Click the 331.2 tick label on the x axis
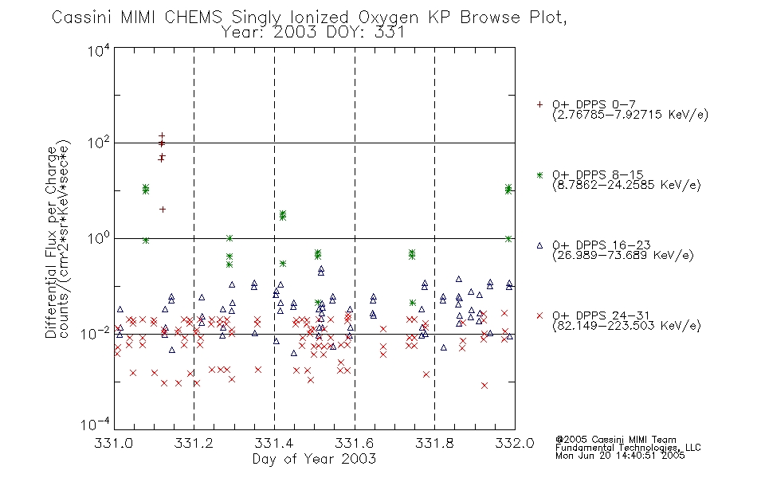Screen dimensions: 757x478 [x=194, y=443]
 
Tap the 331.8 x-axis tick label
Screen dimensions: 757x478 [x=434, y=443]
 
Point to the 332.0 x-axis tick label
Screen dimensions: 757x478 [x=515, y=443]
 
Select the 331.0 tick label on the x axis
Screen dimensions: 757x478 [x=113, y=443]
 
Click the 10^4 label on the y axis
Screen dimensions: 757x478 [x=99, y=50]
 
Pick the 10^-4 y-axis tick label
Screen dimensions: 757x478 [x=96, y=424]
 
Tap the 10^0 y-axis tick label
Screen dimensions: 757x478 [x=99, y=238]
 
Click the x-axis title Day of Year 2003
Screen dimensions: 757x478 [x=314, y=459]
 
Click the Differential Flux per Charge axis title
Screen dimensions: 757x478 [x=52, y=242]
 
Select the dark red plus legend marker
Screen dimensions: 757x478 [x=539, y=104]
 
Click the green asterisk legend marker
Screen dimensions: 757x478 [x=539, y=174]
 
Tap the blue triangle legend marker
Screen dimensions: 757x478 [x=539, y=245]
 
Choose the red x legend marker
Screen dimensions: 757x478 [x=539, y=315]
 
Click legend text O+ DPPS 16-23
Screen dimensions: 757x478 [x=601, y=245]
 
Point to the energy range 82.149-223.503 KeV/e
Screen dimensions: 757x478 [x=626, y=325]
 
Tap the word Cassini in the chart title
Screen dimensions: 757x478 [x=82, y=18]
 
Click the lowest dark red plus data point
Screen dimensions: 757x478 [x=163, y=209]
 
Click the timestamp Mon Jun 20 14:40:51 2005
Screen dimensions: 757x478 [x=620, y=456]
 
